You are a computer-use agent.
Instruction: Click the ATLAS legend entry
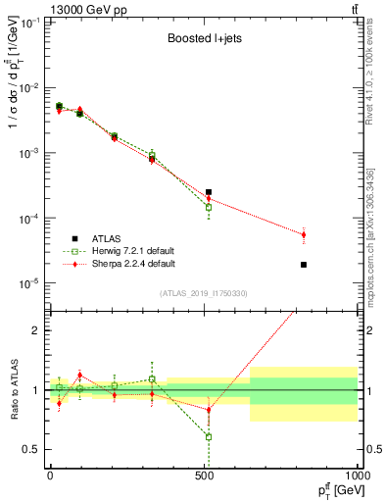pos(107,238)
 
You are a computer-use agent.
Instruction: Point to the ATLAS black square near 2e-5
pos(304,265)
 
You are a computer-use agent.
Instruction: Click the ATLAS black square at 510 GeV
pos(209,192)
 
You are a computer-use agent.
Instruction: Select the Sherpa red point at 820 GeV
pos(304,235)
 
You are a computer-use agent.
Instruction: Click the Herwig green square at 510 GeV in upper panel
pos(209,208)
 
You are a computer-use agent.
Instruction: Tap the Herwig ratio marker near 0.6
pos(209,437)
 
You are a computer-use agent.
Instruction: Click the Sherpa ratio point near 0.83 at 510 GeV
pos(209,410)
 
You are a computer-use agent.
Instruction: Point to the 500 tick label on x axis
pos(204,475)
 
